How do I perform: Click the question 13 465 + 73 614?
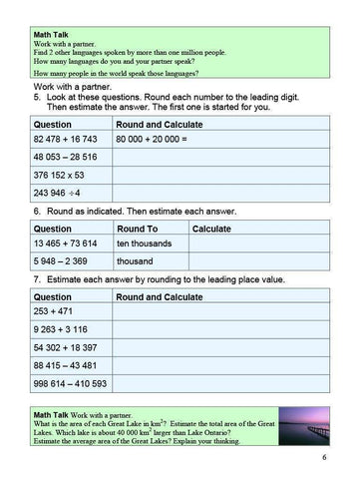coord(65,243)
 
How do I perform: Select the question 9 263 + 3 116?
coord(59,331)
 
